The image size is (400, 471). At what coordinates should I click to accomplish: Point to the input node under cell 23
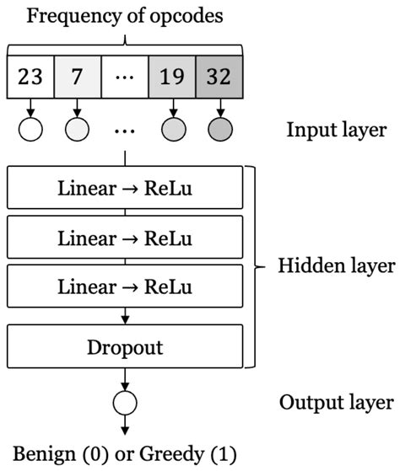[30, 131]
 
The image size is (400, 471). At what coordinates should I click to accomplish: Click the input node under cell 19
[172, 131]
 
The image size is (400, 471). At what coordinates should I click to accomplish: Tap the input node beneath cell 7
[78, 131]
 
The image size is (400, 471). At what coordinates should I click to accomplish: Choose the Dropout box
[125, 345]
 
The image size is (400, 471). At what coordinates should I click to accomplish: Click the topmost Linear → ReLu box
[125, 187]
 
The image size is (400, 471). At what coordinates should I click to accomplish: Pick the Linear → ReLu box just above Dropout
[125, 286]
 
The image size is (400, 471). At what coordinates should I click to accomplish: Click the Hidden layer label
[336, 266]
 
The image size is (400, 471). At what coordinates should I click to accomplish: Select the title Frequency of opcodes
[125, 14]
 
